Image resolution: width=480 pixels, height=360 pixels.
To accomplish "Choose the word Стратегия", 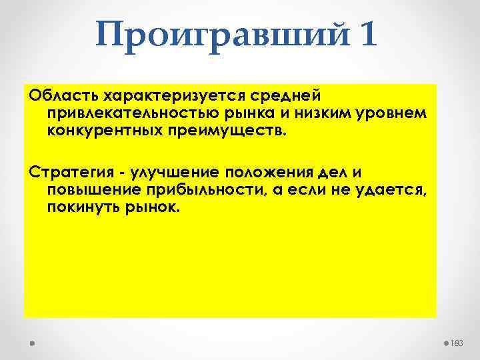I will point(66,173).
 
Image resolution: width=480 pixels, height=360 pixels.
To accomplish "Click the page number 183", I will point(457,342).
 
